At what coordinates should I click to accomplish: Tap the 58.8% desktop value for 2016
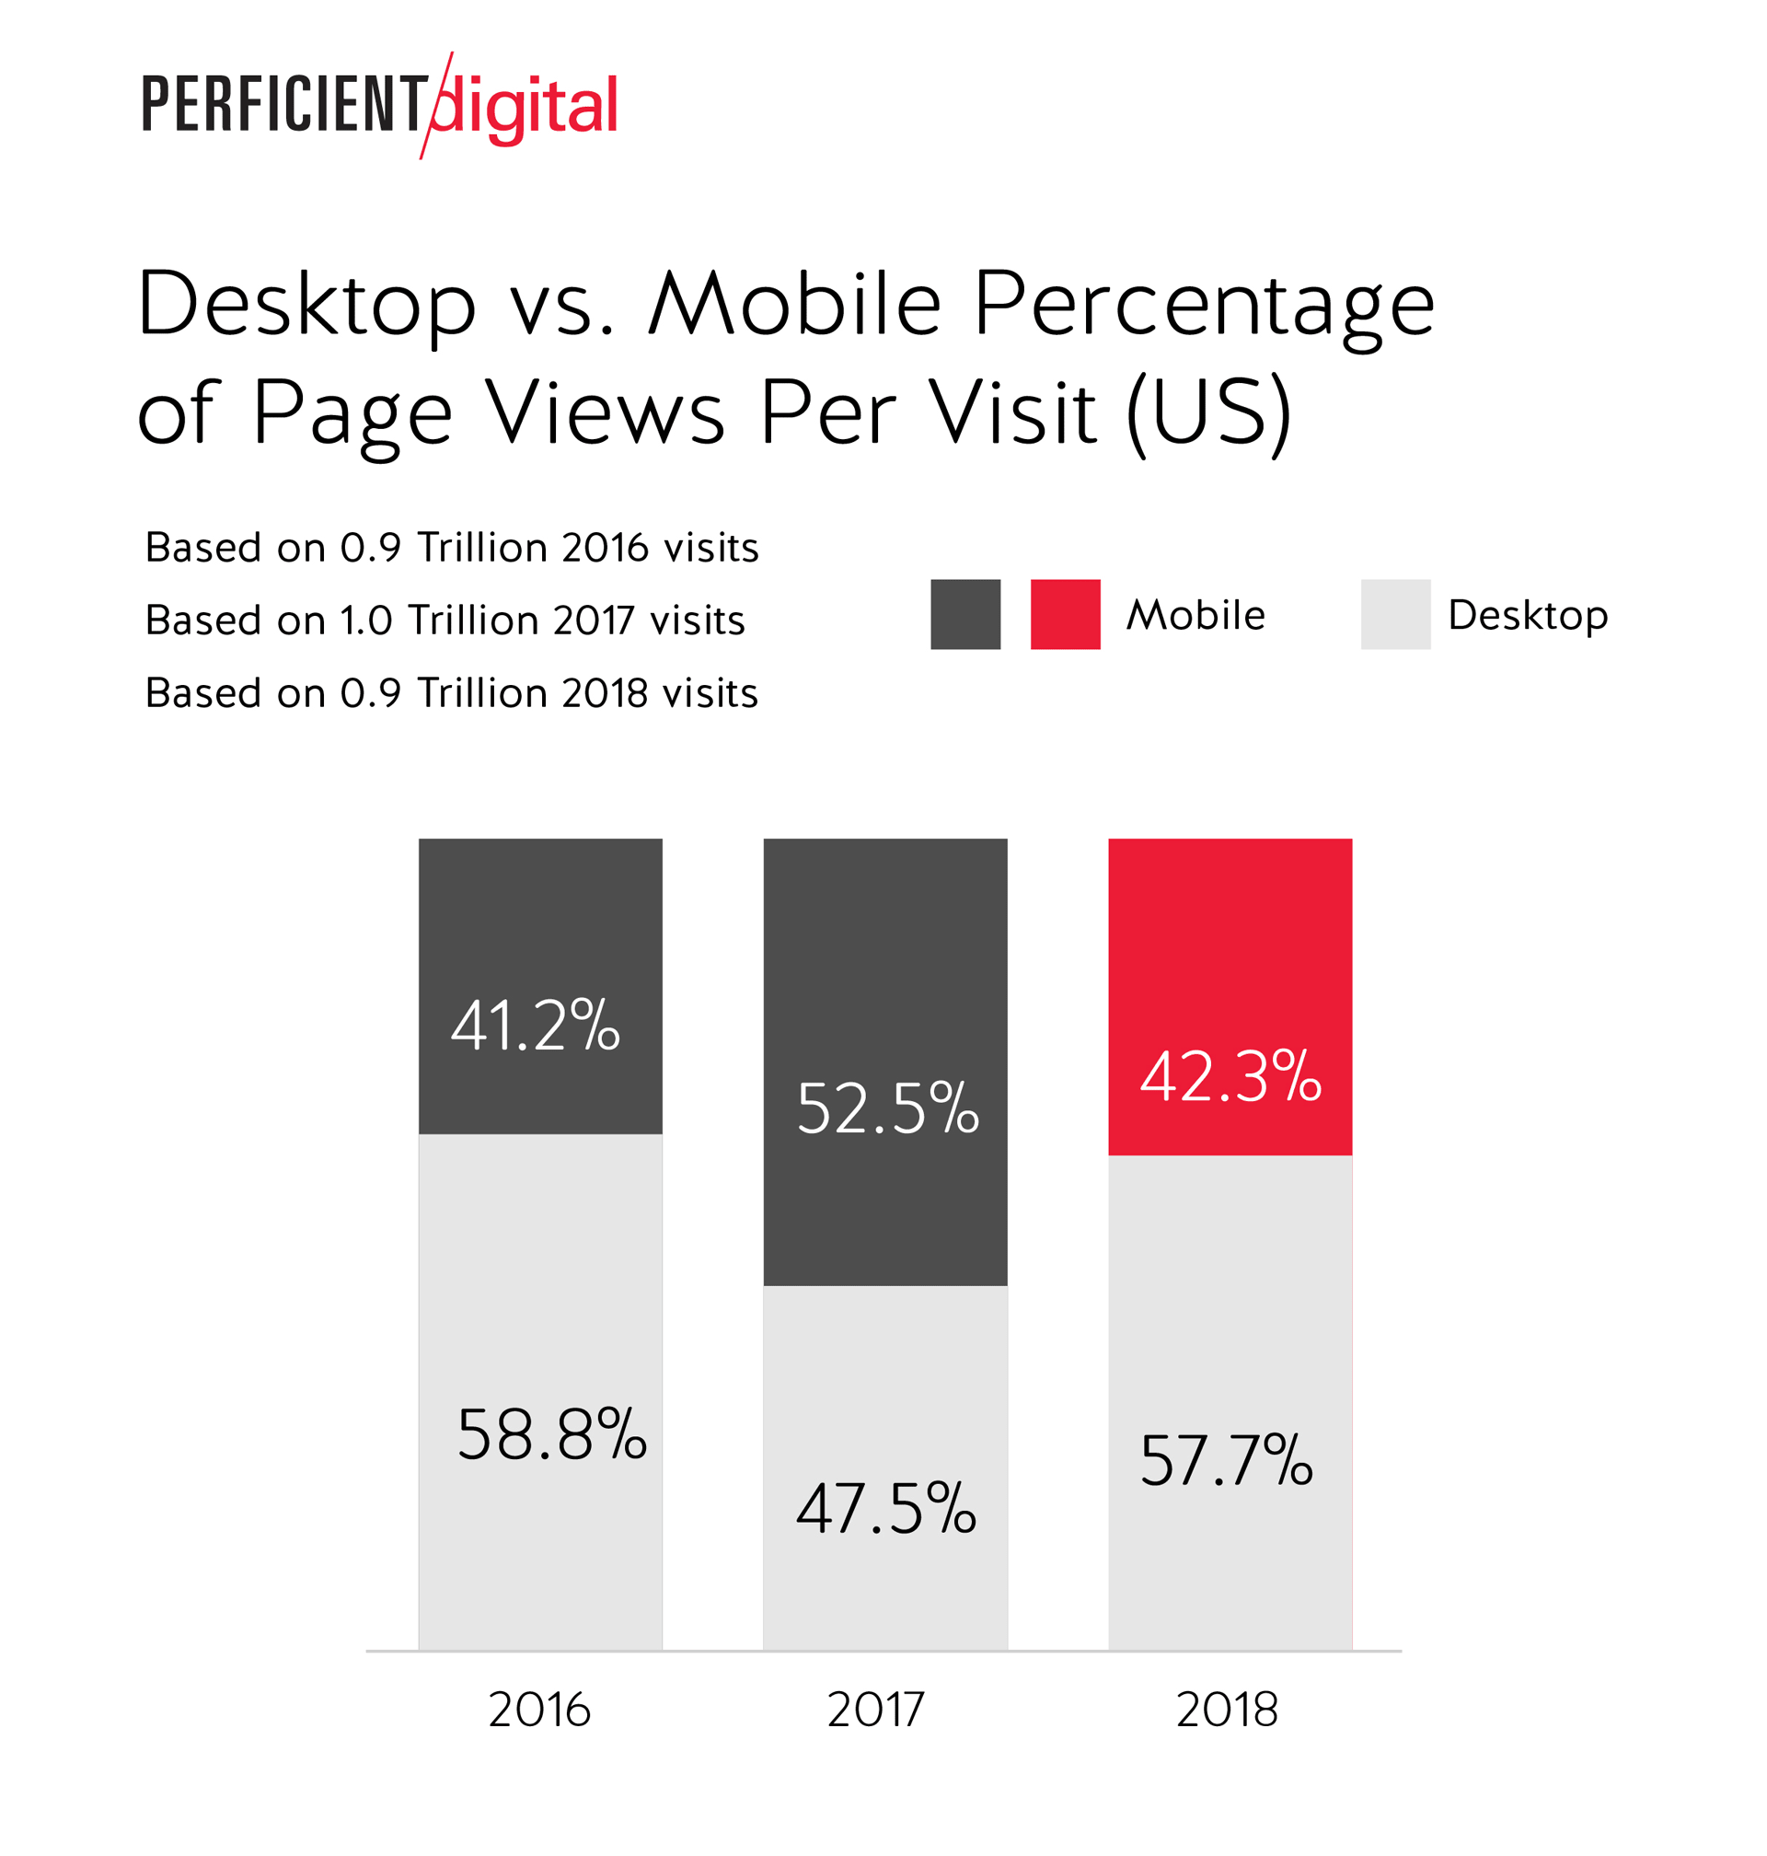[x=552, y=1435]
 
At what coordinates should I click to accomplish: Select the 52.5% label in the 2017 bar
[x=887, y=1108]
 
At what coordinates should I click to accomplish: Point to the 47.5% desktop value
[x=886, y=1509]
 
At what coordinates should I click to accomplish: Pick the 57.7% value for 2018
[x=1227, y=1461]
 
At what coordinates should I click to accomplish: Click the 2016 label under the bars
[x=539, y=1710]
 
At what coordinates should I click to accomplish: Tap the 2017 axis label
[x=876, y=1710]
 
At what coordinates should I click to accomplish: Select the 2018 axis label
[x=1228, y=1710]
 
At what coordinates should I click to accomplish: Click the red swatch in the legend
[x=1066, y=614]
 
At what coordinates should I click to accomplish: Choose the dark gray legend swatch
[x=965, y=614]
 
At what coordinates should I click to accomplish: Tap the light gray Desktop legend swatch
[x=1395, y=614]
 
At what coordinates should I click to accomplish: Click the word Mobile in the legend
[x=1196, y=615]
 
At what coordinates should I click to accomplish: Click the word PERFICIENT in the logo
[x=283, y=105]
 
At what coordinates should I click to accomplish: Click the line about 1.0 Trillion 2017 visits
[x=445, y=621]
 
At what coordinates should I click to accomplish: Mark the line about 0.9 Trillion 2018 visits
[x=451, y=693]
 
